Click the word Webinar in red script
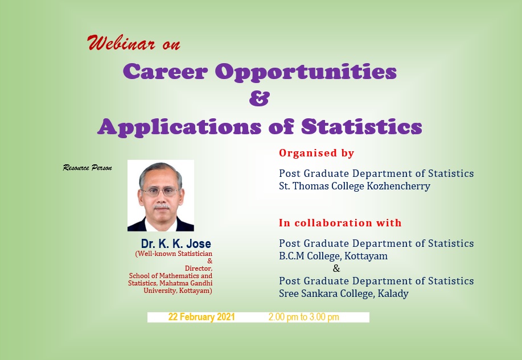121,43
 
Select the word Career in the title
165,71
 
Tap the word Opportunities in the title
306,72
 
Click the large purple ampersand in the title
260,98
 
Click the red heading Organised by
317,153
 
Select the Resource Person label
87,168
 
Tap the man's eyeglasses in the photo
161,192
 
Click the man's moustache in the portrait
162,207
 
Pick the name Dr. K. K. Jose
176,243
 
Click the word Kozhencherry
398,186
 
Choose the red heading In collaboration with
340,222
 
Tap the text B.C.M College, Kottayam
333,256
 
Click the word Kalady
393,294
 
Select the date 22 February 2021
202,317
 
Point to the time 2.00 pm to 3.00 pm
304,317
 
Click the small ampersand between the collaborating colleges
336,268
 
